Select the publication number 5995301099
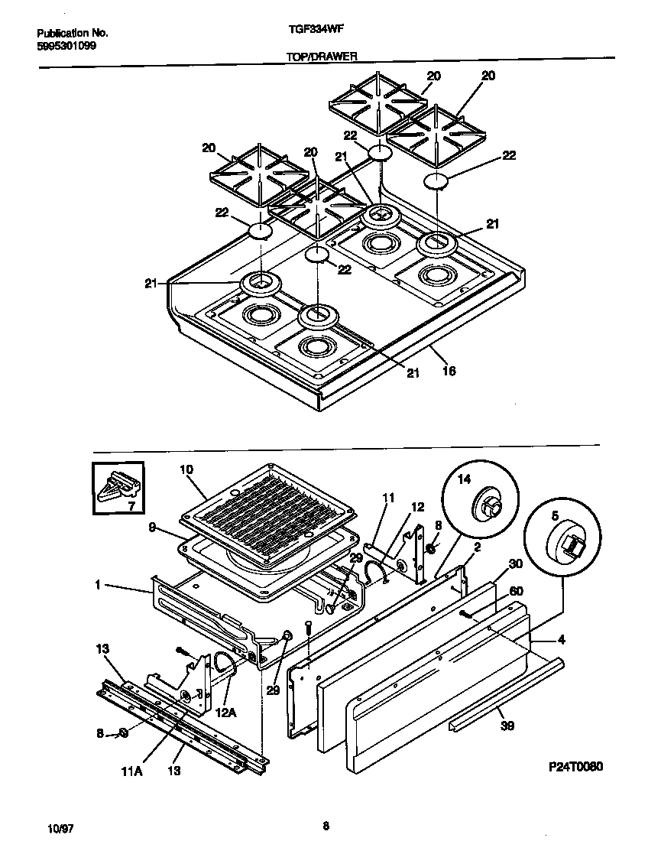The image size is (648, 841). [x=66, y=45]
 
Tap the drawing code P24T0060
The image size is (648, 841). [x=575, y=767]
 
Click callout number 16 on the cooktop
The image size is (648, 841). [x=449, y=372]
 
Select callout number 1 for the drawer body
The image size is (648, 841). [x=99, y=586]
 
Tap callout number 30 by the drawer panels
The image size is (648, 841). [x=515, y=563]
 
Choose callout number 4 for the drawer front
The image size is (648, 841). [x=562, y=639]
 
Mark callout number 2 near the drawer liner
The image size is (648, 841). [x=477, y=547]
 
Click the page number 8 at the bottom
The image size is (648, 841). [x=326, y=825]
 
